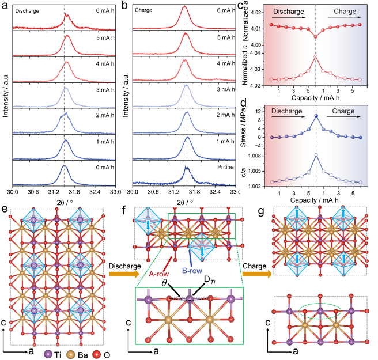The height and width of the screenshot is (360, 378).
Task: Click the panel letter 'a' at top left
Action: tap(5, 6)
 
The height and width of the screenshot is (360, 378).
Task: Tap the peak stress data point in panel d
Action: tap(316, 116)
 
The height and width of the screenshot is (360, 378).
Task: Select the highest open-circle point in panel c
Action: tap(316, 56)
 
